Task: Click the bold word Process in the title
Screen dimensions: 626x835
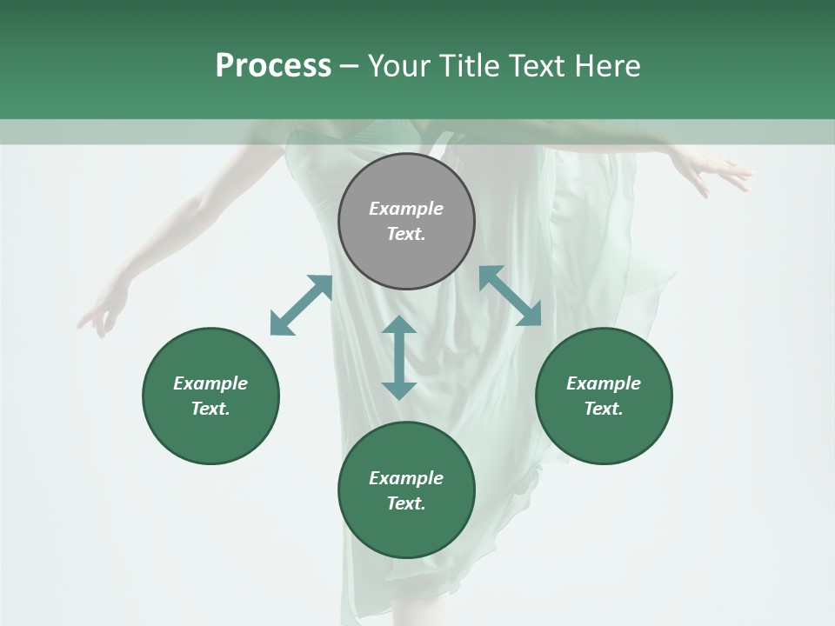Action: [x=273, y=66]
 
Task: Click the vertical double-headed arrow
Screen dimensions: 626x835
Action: [x=399, y=358]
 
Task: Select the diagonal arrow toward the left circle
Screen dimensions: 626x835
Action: [x=301, y=305]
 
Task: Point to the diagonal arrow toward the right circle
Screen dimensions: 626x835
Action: [x=510, y=296]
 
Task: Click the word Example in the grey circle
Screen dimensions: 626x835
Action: [x=406, y=209]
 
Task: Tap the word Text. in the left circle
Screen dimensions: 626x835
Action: [x=210, y=409]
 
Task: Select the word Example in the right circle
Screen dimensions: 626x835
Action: [x=604, y=383]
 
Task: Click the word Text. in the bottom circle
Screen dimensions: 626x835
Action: [x=406, y=503]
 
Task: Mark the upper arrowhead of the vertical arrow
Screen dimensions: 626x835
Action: [x=399, y=325]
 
